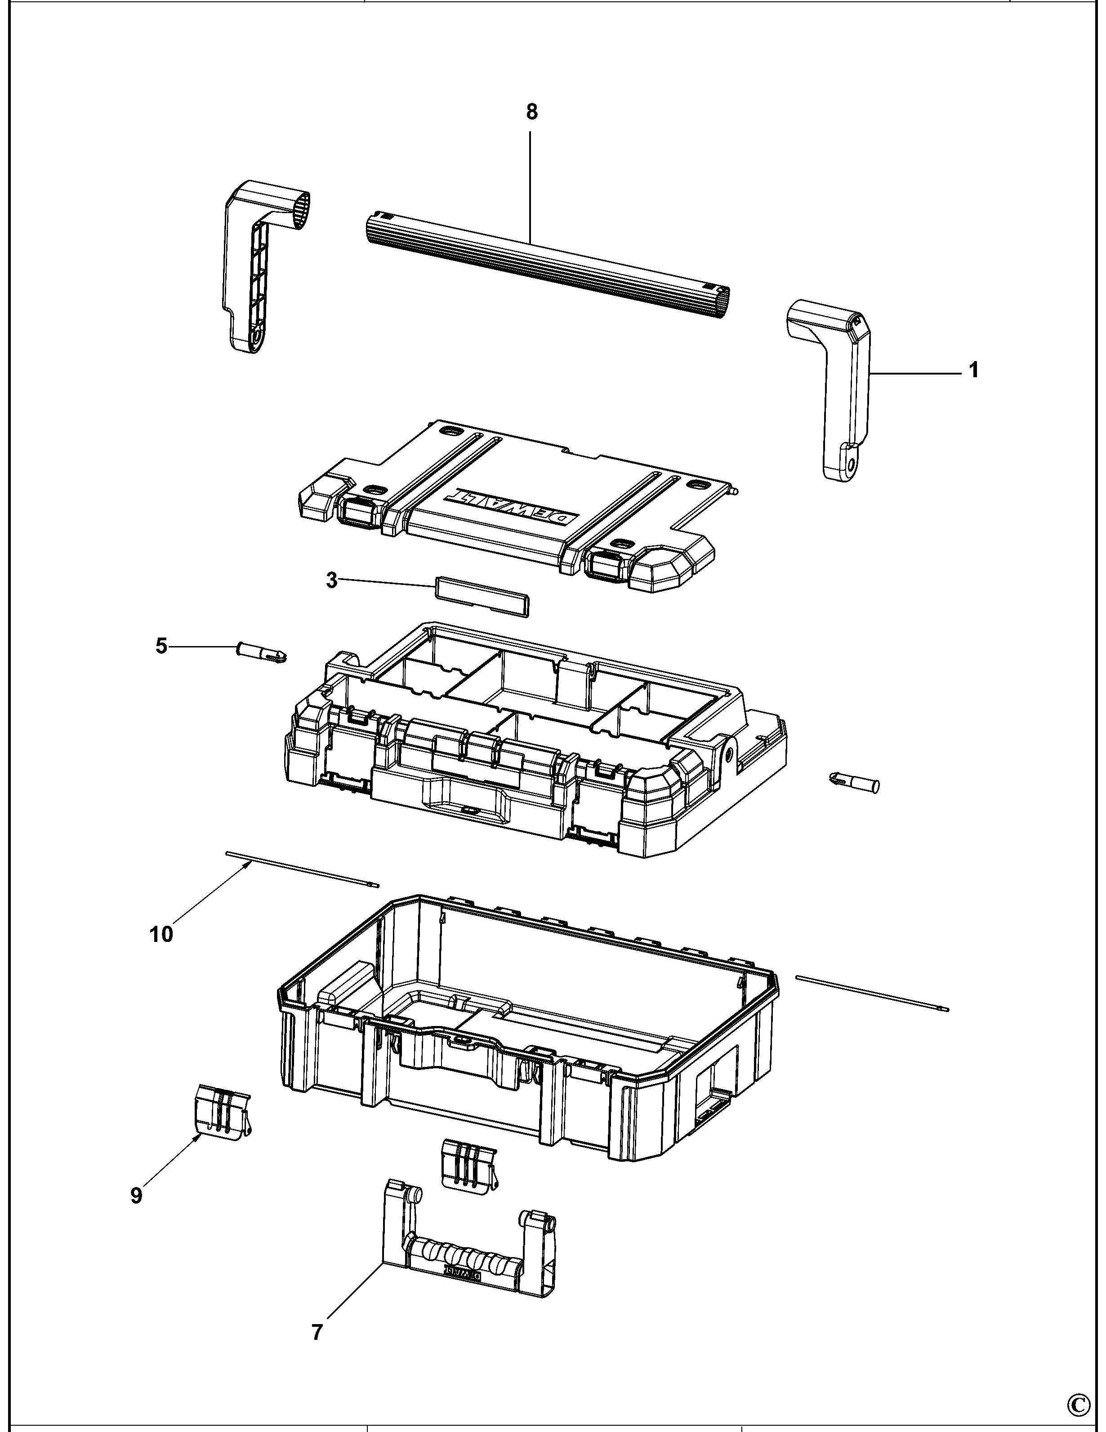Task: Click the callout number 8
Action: [x=531, y=112]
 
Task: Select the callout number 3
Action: [x=332, y=580]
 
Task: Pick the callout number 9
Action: [x=136, y=1196]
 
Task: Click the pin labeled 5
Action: [x=261, y=653]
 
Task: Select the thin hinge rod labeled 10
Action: [x=302, y=868]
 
